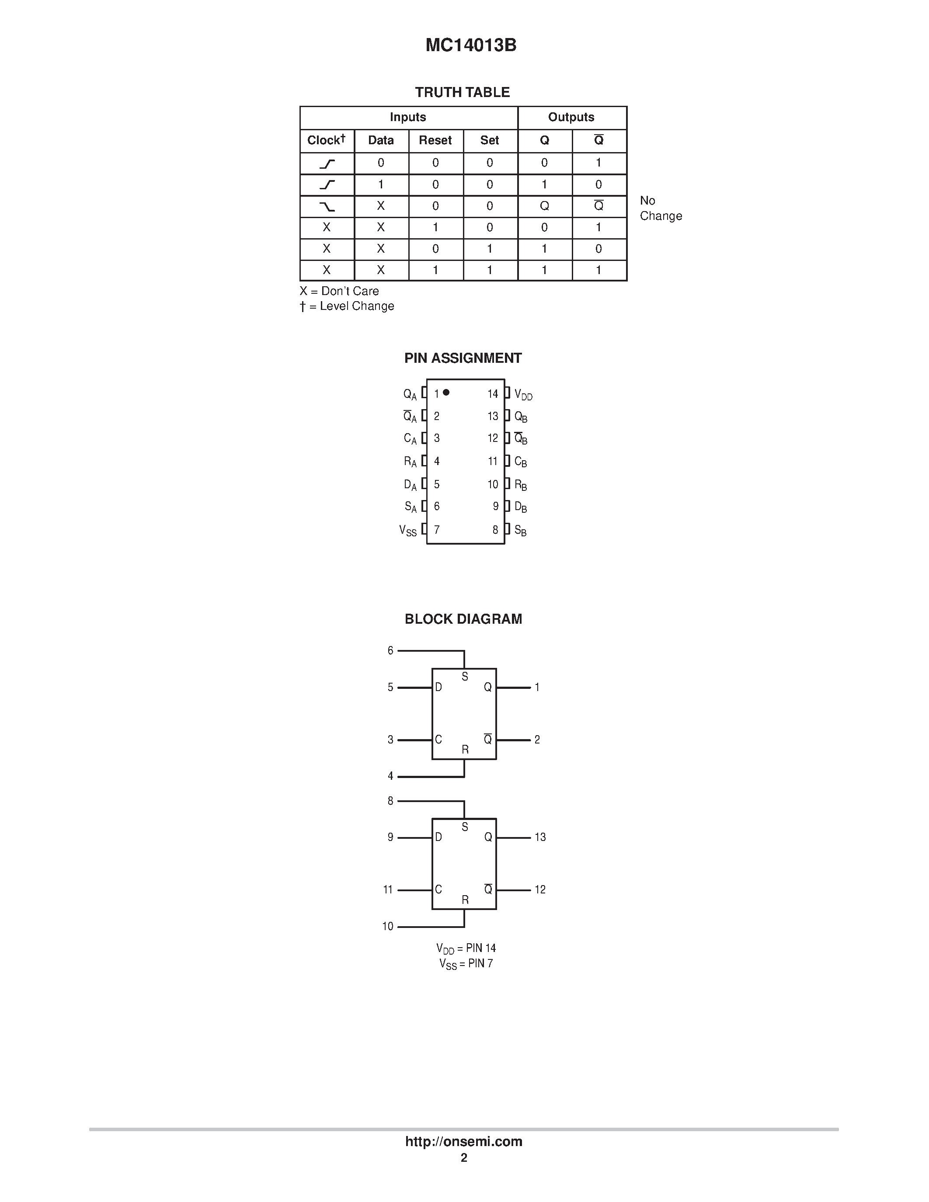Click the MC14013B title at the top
click(470, 45)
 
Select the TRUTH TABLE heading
click(462, 93)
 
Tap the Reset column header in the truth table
click(435, 140)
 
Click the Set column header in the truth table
click(489, 140)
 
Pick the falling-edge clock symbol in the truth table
click(327, 206)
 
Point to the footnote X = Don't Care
click(339, 291)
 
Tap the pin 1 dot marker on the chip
click(446, 393)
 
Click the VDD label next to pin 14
click(523, 395)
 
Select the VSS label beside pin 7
click(408, 531)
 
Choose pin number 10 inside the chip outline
click(493, 484)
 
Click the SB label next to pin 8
click(521, 531)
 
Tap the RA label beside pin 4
click(410, 462)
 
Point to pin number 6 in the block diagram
click(390, 650)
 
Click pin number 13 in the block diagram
click(540, 837)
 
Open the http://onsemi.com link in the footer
click(463, 1141)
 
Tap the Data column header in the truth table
click(381, 140)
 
